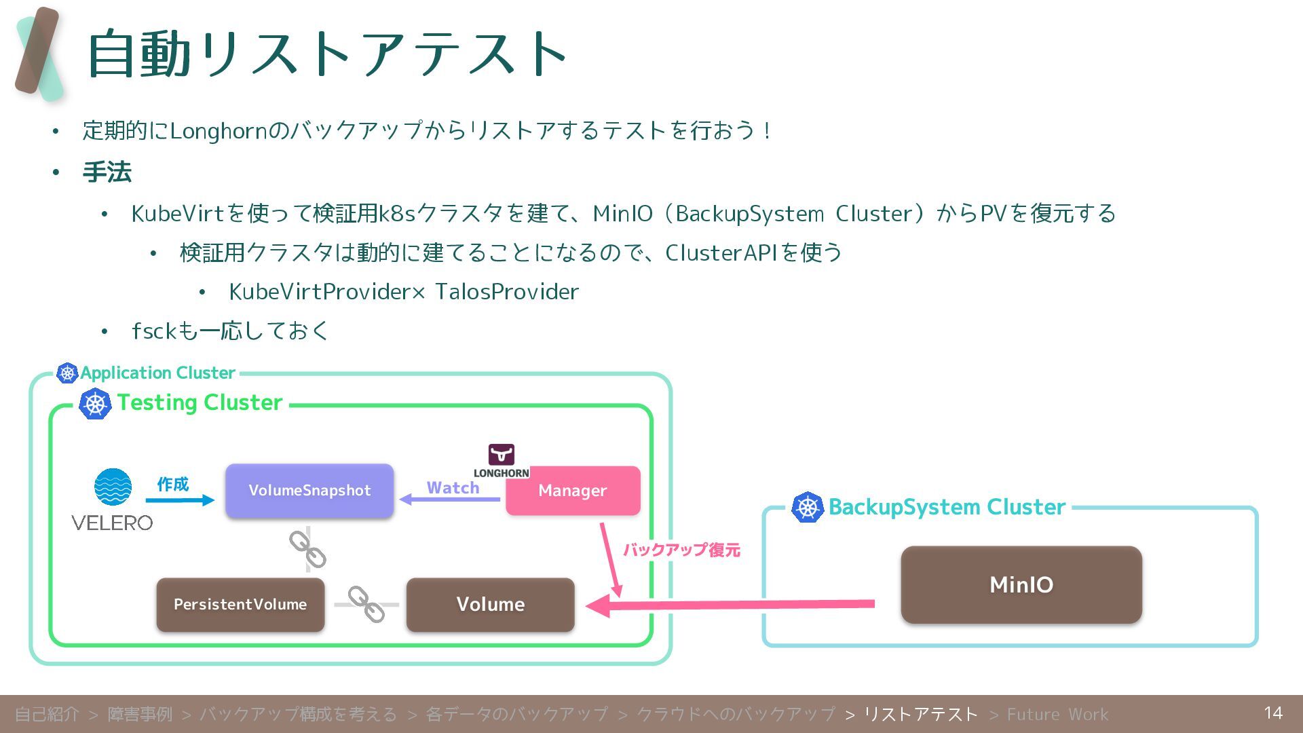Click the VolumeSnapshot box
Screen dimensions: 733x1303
pos(309,491)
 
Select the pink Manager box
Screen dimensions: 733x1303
pos(573,491)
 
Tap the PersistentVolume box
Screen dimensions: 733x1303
pos(240,604)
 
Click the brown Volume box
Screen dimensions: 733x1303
pos(490,604)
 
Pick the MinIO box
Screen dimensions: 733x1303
pos(1021,584)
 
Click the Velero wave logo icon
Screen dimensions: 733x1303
pos(113,487)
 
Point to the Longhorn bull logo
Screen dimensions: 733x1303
pos(502,454)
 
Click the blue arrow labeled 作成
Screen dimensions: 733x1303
pos(180,500)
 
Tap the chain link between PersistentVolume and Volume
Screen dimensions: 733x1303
pos(366,604)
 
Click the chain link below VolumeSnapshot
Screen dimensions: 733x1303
pos(307,549)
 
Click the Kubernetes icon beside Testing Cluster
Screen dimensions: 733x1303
pos(95,404)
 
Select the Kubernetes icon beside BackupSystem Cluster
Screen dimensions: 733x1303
pos(808,507)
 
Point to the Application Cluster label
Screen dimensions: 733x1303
pos(157,373)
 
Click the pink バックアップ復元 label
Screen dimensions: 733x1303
pos(681,550)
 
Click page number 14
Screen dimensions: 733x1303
pos(1273,713)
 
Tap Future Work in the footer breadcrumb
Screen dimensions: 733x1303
pos(1057,714)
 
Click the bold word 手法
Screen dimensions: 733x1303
pos(107,172)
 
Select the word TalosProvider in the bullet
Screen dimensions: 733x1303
pos(507,292)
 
